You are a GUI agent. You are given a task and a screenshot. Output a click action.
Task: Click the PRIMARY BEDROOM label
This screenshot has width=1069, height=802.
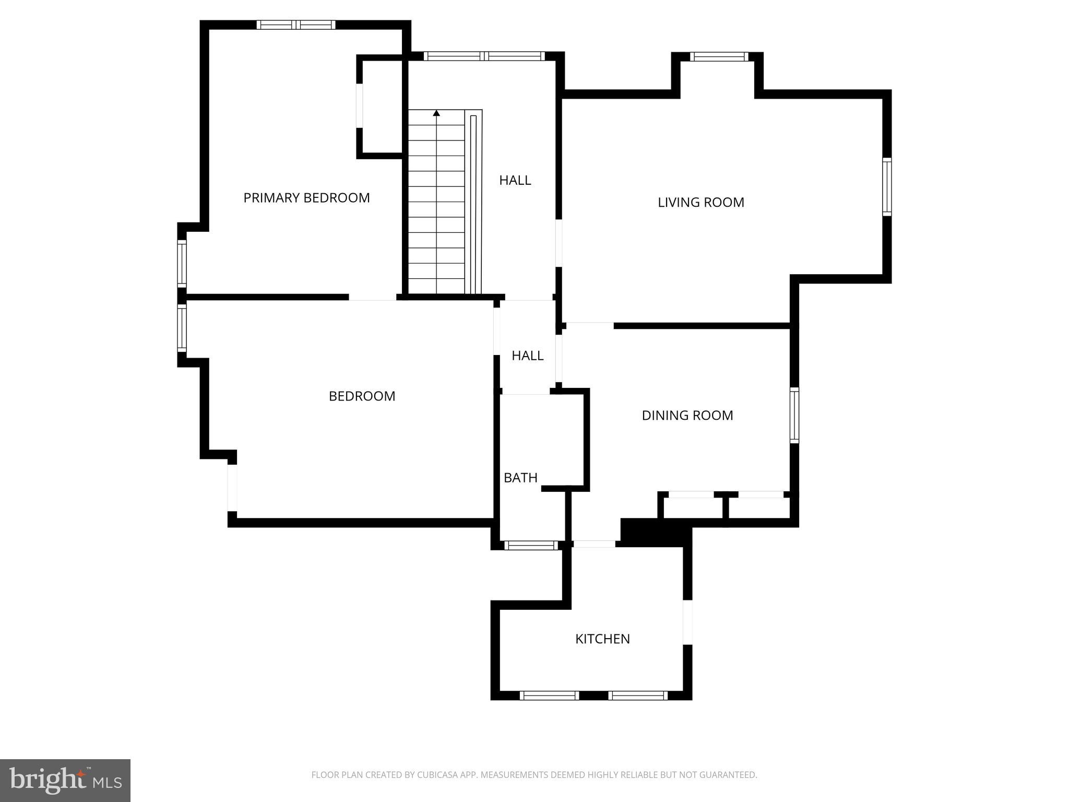click(x=306, y=198)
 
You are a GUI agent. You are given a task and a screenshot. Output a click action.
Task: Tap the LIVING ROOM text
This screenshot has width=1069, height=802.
click(x=700, y=203)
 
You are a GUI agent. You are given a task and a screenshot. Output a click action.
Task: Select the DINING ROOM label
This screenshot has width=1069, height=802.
click(x=687, y=416)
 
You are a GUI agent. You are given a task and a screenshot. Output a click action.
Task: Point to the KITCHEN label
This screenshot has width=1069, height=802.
click(x=602, y=639)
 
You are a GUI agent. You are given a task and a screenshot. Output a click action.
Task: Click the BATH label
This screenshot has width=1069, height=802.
click(x=520, y=478)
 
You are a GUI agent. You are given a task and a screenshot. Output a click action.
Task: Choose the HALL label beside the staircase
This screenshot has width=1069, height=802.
click(x=515, y=181)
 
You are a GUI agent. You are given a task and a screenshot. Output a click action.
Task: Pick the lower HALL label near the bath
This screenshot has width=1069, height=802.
click(x=527, y=356)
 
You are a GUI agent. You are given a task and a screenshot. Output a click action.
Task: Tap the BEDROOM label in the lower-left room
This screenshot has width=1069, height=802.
click(x=362, y=396)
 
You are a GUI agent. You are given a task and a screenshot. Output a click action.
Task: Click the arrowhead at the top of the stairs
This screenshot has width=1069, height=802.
click(x=436, y=113)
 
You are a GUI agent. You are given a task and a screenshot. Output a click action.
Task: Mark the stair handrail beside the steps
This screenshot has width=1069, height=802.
click(x=473, y=204)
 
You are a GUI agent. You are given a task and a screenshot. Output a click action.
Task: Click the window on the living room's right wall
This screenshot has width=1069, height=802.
click(x=887, y=186)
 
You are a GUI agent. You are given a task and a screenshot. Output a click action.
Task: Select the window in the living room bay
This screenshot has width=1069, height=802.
click(x=719, y=57)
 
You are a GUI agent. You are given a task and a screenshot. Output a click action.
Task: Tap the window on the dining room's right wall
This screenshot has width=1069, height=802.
click(x=794, y=416)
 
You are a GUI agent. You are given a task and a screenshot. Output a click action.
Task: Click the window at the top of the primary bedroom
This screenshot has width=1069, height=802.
click(x=296, y=25)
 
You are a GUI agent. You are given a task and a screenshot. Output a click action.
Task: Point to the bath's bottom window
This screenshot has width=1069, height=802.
click(x=531, y=546)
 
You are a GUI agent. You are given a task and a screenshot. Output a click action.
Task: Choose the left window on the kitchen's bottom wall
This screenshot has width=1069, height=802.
click(x=549, y=695)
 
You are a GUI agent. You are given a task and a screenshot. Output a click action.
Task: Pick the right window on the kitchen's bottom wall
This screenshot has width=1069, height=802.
click(x=637, y=695)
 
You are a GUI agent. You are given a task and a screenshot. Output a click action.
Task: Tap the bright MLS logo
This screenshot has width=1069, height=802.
click(x=65, y=780)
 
